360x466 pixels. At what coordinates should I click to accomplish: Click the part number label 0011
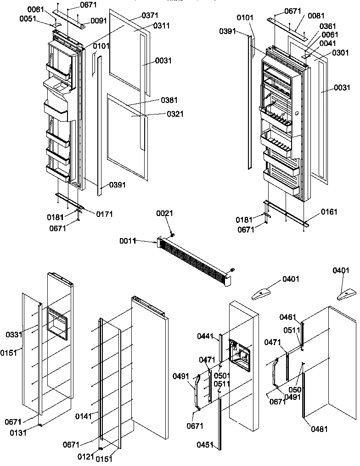tap(129, 240)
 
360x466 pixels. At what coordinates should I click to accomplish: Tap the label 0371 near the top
tap(150, 16)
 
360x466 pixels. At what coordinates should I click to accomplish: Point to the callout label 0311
tap(161, 26)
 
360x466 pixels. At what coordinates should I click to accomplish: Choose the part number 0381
tap(169, 100)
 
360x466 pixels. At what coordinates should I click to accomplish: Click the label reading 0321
tap(169, 113)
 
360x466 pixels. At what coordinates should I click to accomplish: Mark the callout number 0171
tap(105, 214)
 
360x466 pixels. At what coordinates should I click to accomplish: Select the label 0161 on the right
tap(329, 212)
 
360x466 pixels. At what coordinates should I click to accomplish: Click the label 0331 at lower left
tap(14, 335)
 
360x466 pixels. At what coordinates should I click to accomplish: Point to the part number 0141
tap(84, 416)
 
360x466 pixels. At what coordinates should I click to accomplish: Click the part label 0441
tap(206, 337)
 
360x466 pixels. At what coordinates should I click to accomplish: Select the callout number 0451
tap(205, 444)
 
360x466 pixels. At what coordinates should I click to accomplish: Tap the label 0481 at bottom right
tap(319, 429)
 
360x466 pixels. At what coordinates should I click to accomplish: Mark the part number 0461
tap(289, 317)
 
